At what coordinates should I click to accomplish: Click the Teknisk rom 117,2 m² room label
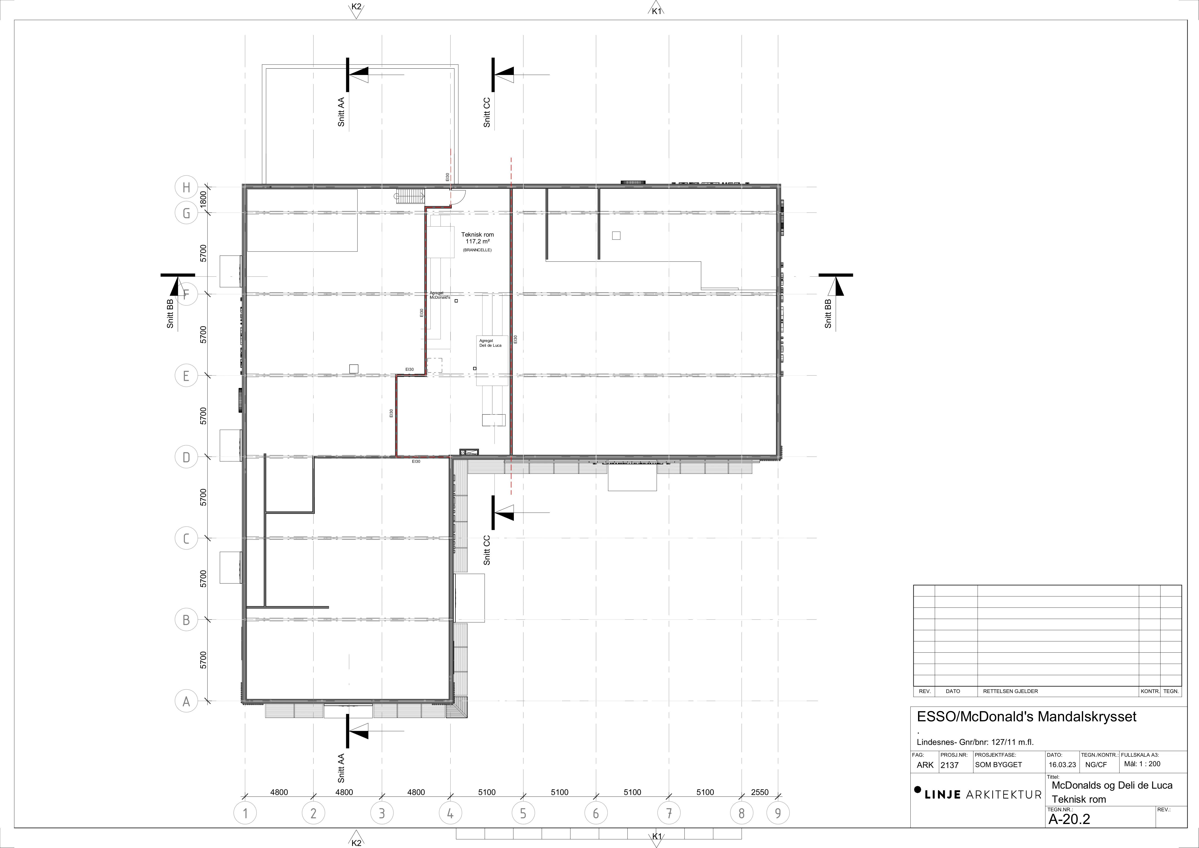tap(477, 238)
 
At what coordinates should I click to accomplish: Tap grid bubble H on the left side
tap(186, 187)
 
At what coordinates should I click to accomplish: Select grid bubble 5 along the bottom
tap(523, 813)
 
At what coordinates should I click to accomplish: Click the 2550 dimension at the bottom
tap(759, 792)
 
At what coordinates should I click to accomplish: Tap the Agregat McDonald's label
tap(440, 295)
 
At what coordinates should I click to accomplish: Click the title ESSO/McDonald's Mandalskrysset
tap(1027, 717)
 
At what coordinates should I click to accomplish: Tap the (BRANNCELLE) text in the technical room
tap(477, 250)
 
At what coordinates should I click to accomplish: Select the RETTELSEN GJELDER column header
tap(1010, 691)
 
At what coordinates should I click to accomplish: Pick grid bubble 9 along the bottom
tap(778, 813)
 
